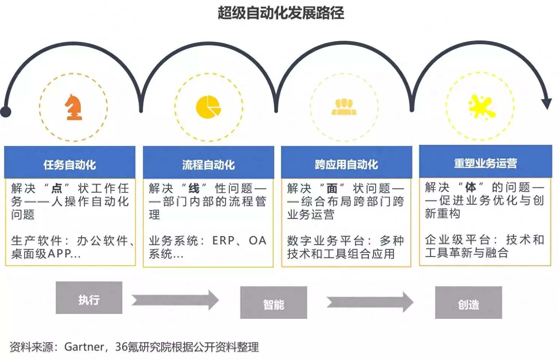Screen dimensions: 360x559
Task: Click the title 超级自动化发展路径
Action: pos(281,13)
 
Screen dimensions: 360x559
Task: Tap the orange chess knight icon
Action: pos(74,107)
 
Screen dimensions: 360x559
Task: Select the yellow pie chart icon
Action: pos(208,107)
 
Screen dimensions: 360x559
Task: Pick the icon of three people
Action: pos(344,107)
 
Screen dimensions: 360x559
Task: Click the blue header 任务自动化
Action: pos(70,164)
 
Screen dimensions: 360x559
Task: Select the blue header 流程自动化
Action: pos(208,164)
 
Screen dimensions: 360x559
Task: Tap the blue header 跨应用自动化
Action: pos(346,164)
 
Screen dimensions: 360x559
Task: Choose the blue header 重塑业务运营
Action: pos(485,163)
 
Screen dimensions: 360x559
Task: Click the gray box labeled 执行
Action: pos(89,298)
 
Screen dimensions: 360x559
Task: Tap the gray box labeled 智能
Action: pos(274,303)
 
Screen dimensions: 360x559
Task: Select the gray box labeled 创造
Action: pos(468,303)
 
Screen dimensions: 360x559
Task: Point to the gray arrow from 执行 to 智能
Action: pos(175,300)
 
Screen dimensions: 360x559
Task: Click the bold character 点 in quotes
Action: pos(57,188)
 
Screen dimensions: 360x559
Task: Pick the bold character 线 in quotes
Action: pos(194,188)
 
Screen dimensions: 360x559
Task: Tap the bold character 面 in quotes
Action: pos(332,188)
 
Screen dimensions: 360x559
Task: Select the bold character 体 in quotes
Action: pos(470,187)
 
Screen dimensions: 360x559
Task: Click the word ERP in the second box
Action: pos(224,241)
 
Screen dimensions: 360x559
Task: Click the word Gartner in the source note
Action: pos(84,347)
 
